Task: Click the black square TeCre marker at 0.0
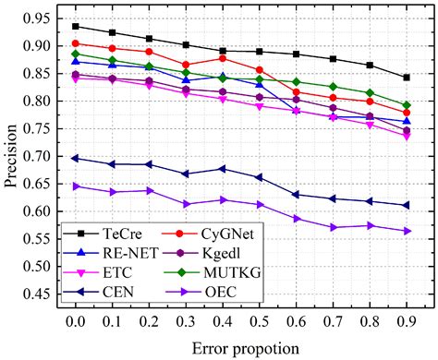coord(75,27)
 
